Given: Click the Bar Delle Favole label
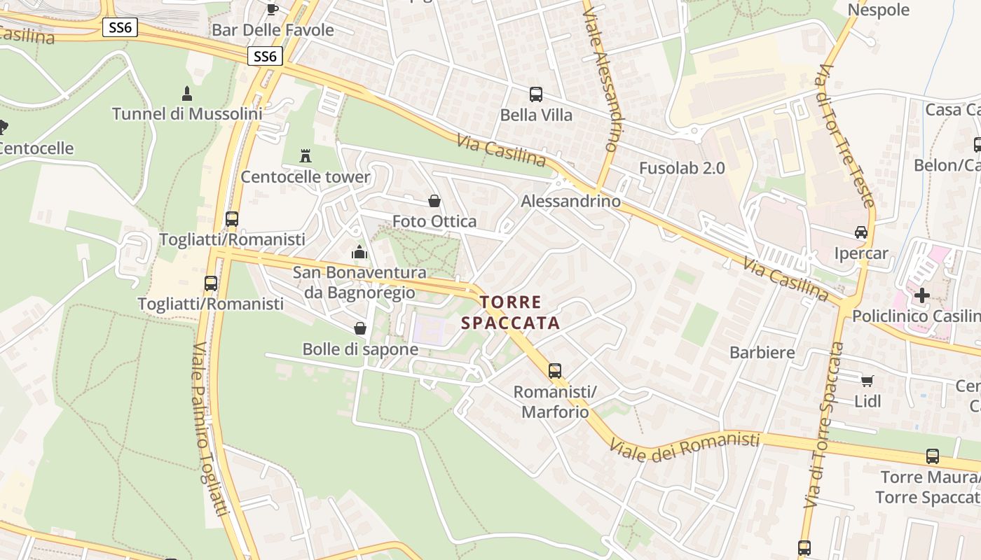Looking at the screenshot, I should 273,30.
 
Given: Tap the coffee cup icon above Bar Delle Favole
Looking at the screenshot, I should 273,8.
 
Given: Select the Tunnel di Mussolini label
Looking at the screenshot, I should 187,113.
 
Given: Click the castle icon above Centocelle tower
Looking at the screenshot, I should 306,155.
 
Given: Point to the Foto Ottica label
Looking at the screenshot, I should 434,221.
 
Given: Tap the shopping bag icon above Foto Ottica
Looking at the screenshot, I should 434,202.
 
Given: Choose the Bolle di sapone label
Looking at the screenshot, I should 360,349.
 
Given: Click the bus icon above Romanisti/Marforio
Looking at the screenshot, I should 555,370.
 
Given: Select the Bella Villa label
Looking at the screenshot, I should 536,115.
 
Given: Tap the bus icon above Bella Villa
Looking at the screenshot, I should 536,94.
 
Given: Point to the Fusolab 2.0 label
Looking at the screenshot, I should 682,168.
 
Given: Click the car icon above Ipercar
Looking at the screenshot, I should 861,232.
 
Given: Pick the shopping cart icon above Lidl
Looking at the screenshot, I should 867,381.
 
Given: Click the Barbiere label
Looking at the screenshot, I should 762,352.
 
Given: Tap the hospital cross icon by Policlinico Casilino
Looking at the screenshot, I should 922,295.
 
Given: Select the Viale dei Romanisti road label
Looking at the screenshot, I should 685,446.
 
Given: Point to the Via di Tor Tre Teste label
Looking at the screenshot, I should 846,136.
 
